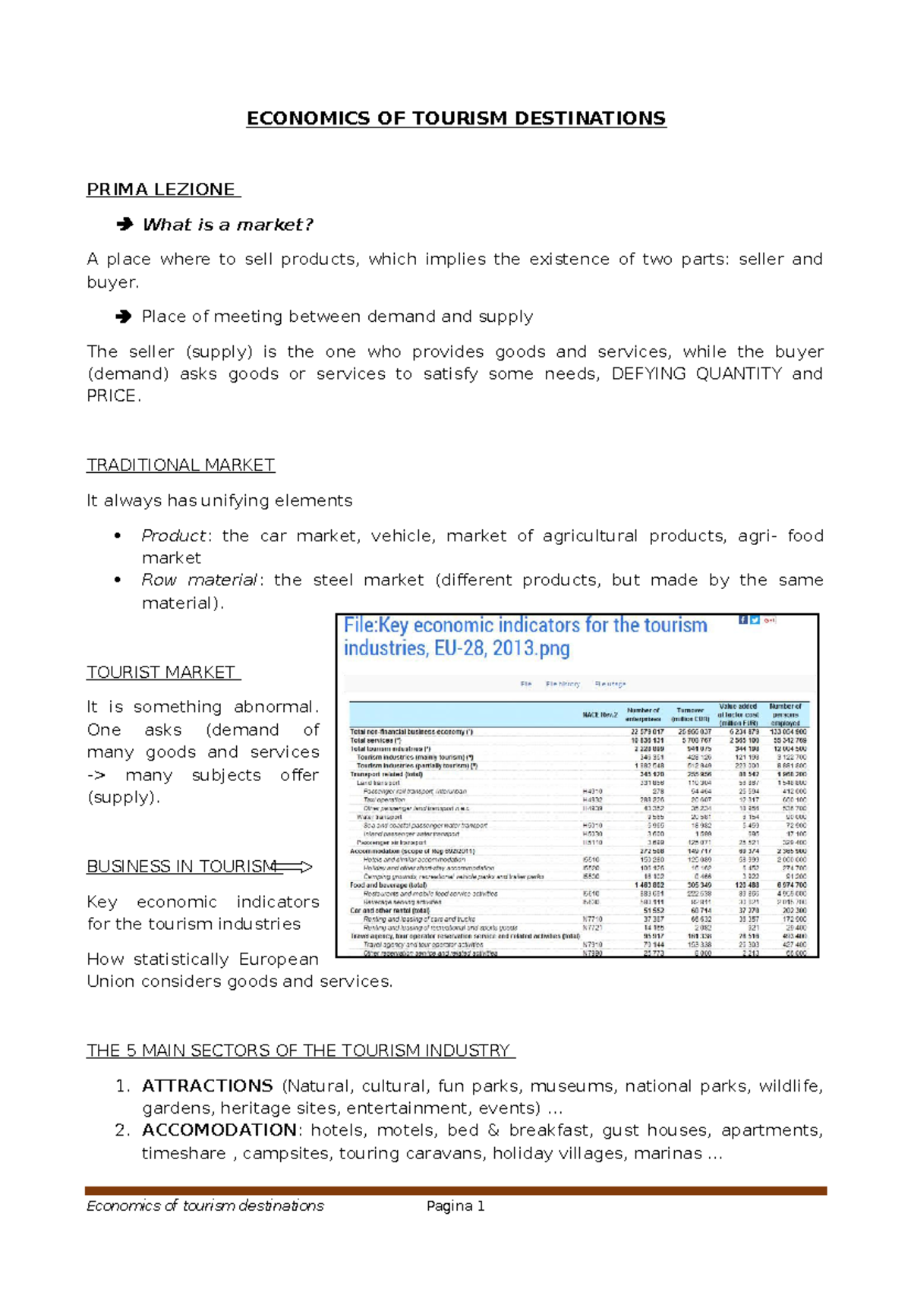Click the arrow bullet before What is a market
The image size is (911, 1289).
124,224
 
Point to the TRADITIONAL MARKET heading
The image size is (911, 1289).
181,465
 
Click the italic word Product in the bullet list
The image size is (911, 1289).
173,536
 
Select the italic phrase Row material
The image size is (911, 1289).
200,580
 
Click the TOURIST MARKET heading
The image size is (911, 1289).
162,672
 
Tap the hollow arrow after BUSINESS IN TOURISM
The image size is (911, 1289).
295,867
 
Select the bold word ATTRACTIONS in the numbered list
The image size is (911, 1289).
207,1086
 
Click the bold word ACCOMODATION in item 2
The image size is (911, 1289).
219,1130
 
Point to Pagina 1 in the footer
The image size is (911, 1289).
455,1205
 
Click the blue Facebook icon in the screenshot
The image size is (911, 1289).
743,619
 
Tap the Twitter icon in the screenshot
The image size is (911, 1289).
755,619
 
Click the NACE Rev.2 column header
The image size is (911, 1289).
599,714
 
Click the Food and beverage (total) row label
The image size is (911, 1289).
387,885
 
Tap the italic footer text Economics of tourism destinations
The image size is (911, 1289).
205,1205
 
